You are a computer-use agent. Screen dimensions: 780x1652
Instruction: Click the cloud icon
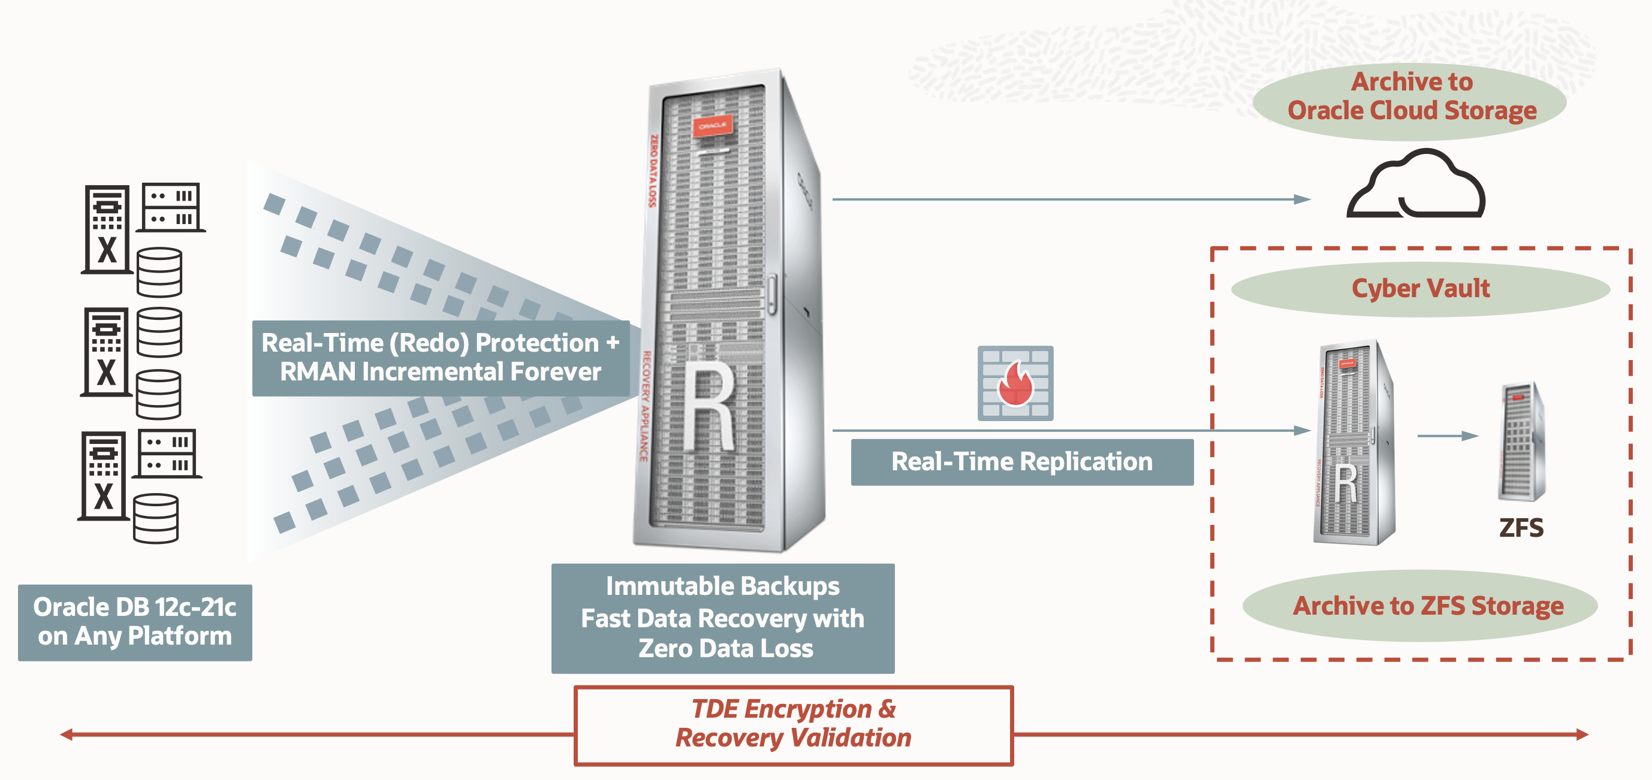pos(1416,186)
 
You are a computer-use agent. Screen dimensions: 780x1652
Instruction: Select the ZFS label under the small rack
pos(1521,527)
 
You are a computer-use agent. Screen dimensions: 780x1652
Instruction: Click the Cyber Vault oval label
pos(1420,288)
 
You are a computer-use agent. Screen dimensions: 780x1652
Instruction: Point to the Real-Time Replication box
pos(1021,461)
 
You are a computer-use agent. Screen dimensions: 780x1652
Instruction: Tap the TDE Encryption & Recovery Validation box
pos(793,724)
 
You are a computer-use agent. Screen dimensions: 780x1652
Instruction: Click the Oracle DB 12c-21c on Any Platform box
pos(135,622)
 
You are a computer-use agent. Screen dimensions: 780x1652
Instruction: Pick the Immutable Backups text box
pos(723,618)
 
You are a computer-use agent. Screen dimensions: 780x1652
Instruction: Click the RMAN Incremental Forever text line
pos(441,372)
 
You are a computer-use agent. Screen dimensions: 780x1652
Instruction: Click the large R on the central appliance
pos(709,407)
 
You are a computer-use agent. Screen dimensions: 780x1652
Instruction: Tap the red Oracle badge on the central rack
pos(712,126)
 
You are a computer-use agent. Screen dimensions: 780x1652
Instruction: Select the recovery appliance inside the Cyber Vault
pos(1353,442)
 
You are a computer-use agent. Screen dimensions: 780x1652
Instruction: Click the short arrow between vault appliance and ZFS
pos(1448,436)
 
